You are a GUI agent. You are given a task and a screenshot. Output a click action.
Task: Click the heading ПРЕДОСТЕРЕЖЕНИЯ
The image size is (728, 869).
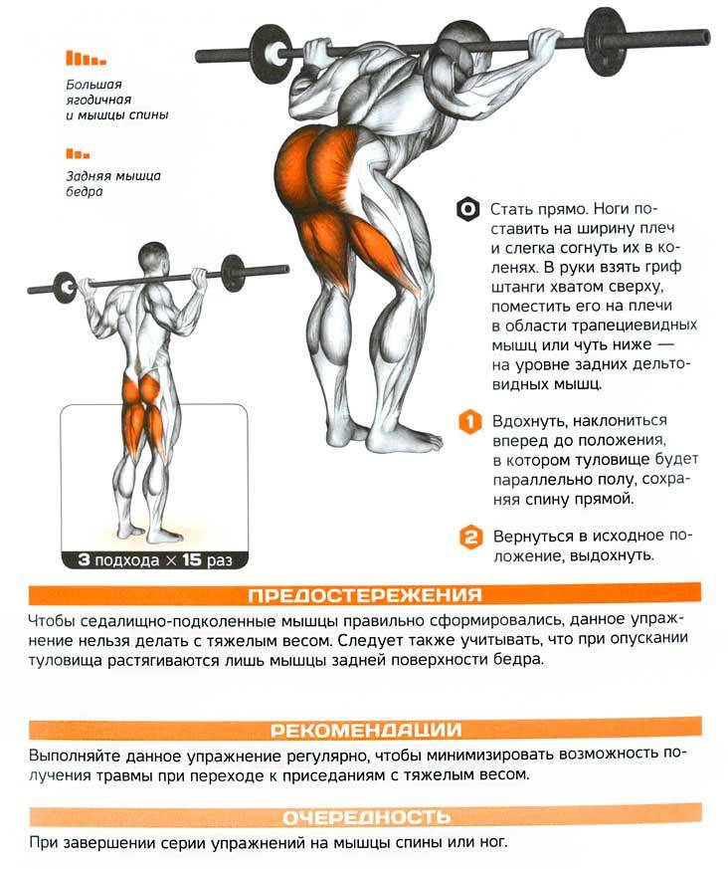365,595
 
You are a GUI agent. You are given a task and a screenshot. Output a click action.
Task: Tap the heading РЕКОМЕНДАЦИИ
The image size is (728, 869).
365,730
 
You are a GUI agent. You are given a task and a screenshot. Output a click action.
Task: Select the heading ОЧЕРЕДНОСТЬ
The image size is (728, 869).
367,817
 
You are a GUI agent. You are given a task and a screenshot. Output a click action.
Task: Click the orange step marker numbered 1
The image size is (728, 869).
469,422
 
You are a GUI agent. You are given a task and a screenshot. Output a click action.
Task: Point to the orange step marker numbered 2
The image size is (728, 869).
470,538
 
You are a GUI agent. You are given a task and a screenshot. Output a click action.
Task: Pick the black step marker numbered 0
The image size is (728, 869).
467,209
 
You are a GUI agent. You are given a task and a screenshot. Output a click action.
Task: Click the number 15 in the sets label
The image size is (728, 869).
191,559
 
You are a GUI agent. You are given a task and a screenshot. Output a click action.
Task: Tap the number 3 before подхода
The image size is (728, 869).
84,559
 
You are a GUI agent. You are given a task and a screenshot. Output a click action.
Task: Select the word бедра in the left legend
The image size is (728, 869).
85,192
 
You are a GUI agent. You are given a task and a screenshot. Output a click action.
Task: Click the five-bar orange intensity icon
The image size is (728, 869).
86,58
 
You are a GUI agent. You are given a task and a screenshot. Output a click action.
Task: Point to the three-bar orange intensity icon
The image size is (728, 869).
78,153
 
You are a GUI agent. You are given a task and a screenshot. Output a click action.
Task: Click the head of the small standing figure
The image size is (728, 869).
152,257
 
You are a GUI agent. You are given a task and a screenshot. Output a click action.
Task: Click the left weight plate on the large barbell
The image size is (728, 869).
271,55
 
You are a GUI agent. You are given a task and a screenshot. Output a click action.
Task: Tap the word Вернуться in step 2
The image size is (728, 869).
535,537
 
